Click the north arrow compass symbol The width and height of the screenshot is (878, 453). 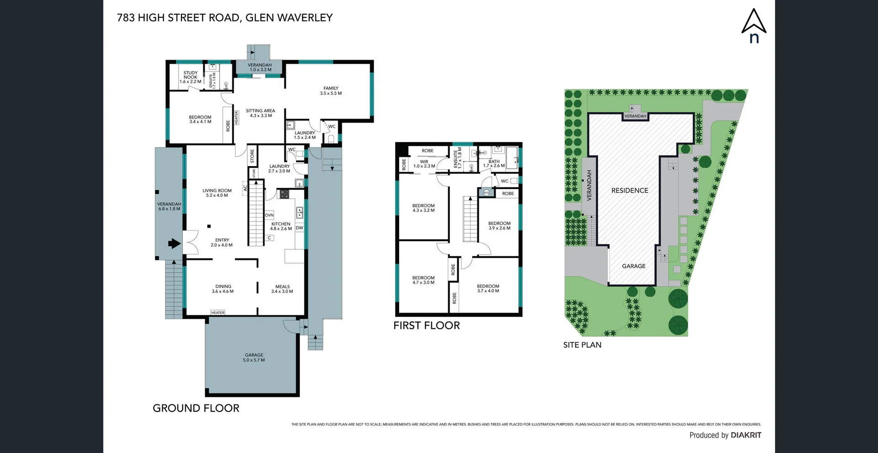pyautogui.click(x=754, y=25)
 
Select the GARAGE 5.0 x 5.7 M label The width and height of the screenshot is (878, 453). pyautogui.click(x=254, y=357)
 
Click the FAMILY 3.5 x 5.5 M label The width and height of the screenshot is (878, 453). pyautogui.click(x=331, y=91)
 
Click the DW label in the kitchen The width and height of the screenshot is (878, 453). pyautogui.click(x=299, y=228)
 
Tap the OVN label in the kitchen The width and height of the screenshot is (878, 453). pyautogui.click(x=269, y=215)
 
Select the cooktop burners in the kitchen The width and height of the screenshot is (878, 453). pyautogui.click(x=284, y=194)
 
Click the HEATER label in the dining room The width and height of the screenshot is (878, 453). pyautogui.click(x=218, y=313)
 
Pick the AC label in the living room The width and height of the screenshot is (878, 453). pyautogui.click(x=245, y=188)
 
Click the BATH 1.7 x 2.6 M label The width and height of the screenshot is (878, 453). pyautogui.click(x=494, y=163)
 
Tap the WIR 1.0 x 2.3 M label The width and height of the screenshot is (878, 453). pyautogui.click(x=424, y=164)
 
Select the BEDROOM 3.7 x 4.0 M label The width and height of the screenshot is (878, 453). pyautogui.click(x=488, y=288)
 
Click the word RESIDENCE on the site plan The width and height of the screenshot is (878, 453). pyautogui.click(x=630, y=190)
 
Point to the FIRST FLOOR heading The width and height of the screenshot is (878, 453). pyautogui.click(x=426, y=325)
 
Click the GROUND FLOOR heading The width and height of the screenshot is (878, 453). pyautogui.click(x=196, y=408)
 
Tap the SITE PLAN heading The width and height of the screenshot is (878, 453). pyautogui.click(x=582, y=345)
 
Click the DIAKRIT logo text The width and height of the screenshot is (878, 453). pyautogui.click(x=746, y=435)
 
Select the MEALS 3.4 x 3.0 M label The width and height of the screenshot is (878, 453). pyautogui.click(x=282, y=289)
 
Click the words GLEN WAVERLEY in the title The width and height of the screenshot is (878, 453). pyautogui.click(x=289, y=18)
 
